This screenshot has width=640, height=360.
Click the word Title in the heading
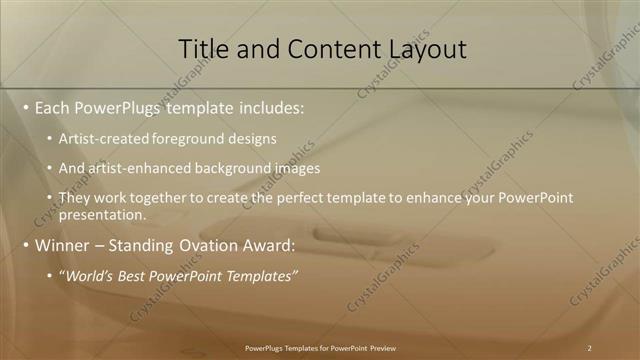pos(201,48)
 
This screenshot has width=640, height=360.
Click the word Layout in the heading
pos(426,48)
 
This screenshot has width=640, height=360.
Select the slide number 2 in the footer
pos(590,348)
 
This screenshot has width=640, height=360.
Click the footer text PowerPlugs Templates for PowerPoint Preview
pos(320,348)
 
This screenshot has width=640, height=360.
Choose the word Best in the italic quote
pos(140,275)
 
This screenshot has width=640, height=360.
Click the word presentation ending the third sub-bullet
pos(101,214)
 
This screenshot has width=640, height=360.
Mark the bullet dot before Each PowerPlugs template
pos(25,107)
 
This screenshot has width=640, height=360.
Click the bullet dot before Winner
pos(25,245)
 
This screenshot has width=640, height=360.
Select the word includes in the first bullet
pos(272,107)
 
